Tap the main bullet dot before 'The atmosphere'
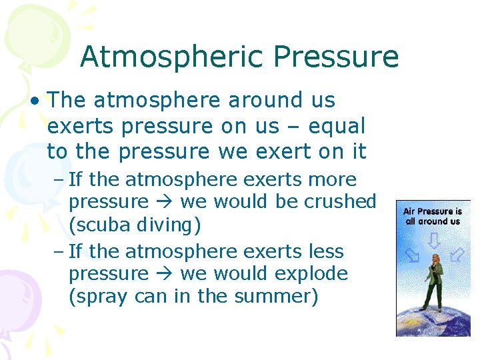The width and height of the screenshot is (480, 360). click(x=34, y=101)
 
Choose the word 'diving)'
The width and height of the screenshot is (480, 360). click(x=169, y=225)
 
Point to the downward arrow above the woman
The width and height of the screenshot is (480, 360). click(x=433, y=241)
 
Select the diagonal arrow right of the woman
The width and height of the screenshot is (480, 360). click(x=457, y=254)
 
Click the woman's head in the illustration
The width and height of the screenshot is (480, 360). click(x=435, y=258)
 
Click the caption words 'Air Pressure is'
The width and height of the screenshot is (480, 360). click(x=433, y=211)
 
